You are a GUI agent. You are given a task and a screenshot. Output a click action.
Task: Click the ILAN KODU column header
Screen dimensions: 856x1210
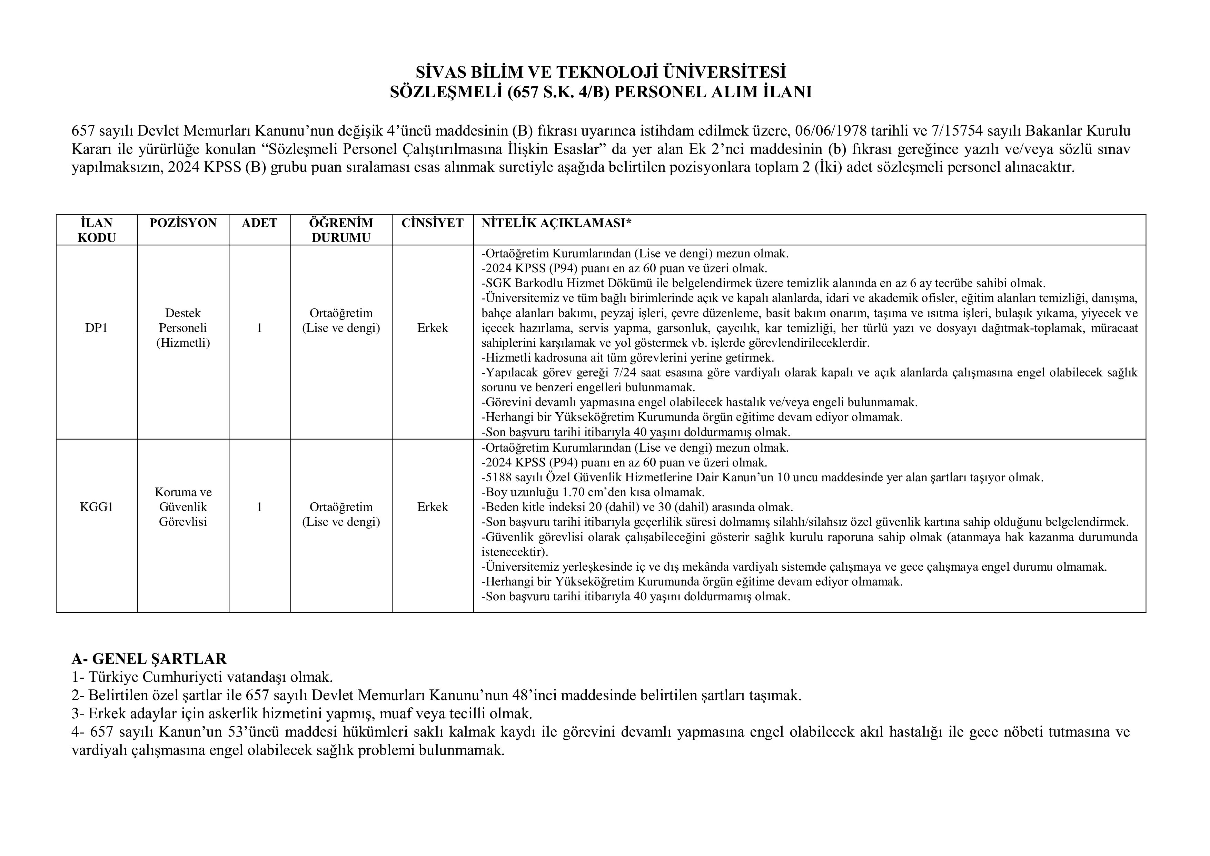(x=97, y=230)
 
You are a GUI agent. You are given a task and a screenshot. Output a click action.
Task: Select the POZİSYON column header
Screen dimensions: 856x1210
(x=183, y=223)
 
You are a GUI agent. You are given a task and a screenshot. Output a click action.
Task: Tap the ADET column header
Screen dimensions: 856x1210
(x=259, y=223)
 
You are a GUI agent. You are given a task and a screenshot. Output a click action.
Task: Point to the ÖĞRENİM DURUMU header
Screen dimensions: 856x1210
(x=341, y=230)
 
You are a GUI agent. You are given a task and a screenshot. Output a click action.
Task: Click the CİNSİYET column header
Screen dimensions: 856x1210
(x=432, y=223)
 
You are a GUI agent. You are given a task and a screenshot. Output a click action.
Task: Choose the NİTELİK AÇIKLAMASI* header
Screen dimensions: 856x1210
(x=556, y=223)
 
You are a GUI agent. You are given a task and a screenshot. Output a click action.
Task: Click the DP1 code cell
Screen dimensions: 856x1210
(x=97, y=328)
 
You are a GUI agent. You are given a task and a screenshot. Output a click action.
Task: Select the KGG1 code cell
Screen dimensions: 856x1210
(x=97, y=507)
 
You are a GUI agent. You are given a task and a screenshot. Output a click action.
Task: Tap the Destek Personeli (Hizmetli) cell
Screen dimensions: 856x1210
(x=183, y=328)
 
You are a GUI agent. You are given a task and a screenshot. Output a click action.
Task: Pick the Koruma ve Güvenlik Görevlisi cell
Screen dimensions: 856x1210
(x=183, y=507)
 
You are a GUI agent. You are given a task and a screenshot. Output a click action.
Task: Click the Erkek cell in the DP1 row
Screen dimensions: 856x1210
(x=432, y=328)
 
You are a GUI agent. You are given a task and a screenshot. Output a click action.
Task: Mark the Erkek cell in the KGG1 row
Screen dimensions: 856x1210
(x=432, y=507)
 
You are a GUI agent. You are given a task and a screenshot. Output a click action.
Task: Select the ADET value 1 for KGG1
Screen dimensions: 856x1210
(x=259, y=507)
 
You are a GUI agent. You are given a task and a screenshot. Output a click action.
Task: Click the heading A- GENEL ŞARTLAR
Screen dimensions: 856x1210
(x=149, y=659)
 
